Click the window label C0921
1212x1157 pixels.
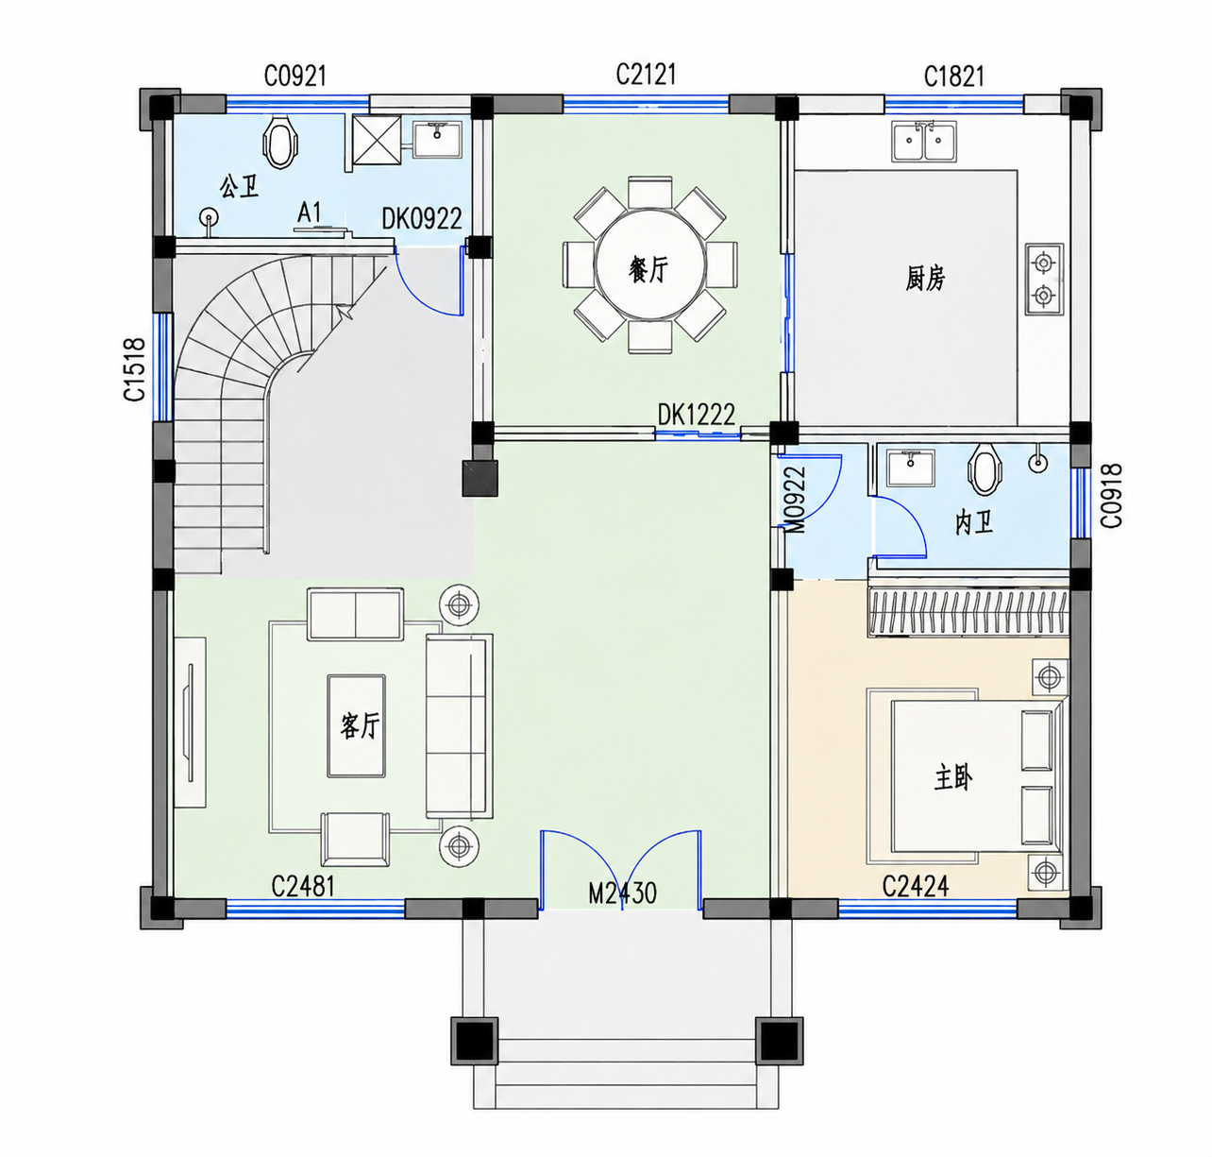(x=295, y=76)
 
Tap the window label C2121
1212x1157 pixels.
(x=646, y=74)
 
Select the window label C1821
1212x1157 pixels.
(x=953, y=77)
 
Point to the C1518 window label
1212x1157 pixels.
(x=134, y=369)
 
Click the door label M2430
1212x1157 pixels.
(x=622, y=893)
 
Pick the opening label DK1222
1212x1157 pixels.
(x=696, y=415)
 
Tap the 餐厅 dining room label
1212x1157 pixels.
(x=648, y=270)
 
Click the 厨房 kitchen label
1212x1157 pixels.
(x=925, y=279)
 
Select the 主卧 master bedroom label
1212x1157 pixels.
(x=953, y=778)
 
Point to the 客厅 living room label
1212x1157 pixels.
(x=360, y=725)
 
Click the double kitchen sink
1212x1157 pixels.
(x=923, y=142)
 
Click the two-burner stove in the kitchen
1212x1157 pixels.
(x=1044, y=279)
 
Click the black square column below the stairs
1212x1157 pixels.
(x=480, y=478)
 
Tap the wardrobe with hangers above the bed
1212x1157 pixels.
(x=968, y=611)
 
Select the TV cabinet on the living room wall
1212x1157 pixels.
(x=190, y=722)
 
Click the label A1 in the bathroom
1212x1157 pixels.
(x=309, y=213)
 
